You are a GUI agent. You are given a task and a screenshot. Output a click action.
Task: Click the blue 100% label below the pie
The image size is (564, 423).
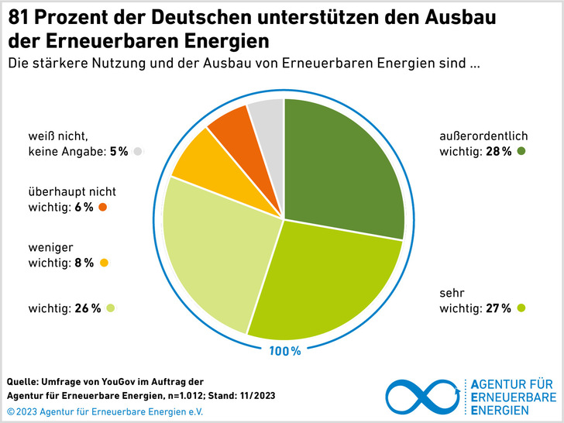tap(285, 352)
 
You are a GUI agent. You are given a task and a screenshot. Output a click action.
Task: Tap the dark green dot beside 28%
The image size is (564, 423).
tap(522, 152)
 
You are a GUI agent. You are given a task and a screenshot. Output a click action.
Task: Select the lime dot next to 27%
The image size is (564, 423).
tap(521, 308)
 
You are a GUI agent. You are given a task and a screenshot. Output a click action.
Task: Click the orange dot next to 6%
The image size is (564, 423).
tap(102, 207)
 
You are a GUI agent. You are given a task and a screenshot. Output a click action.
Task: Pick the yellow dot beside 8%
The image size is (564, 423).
tap(104, 263)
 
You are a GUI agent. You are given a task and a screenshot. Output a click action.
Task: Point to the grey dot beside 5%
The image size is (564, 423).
tap(137, 152)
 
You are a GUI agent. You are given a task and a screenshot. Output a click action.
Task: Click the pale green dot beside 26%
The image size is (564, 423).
tap(111, 308)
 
